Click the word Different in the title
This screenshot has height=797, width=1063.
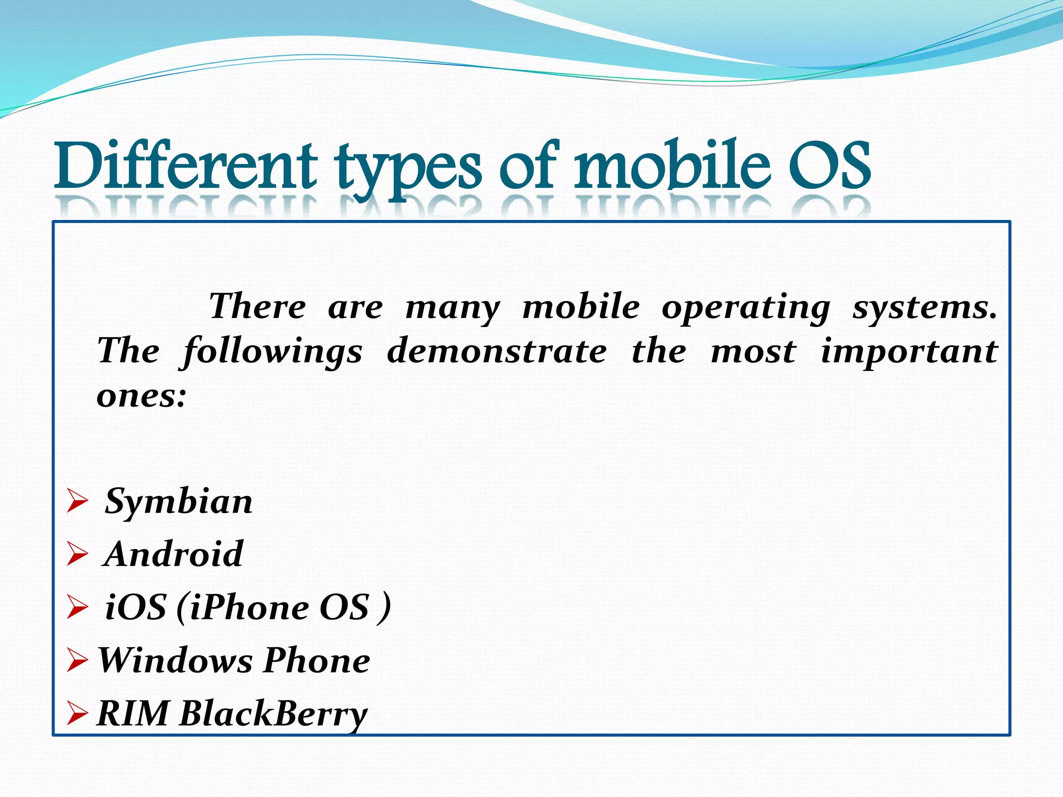(x=185, y=166)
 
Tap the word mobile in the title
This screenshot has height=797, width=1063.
(x=671, y=166)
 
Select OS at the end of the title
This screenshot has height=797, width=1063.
(x=829, y=166)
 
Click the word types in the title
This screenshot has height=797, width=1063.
(x=407, y=169)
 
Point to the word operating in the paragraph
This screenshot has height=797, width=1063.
(x=746, y=307)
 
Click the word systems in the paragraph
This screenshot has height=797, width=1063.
(x=924, y=307)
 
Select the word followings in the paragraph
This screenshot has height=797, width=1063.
(x=272, y=352)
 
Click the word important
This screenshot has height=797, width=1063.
(x=909, y=352)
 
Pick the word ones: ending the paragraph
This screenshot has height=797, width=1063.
(x=141, y=396)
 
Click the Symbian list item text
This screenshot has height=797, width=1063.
(x=179, y=502)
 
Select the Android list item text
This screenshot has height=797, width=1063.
(x=173, y=554)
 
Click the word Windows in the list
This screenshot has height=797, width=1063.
(x=175, y=661)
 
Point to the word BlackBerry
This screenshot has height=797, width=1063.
(x=273, y=714)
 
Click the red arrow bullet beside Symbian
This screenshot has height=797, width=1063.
(x=77, y=502)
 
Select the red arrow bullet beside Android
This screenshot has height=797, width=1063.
(x=77, y=555)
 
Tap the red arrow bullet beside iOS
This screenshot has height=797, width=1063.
(x=77, y=608)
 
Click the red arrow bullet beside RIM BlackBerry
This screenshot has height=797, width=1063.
(x=77, y=714)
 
